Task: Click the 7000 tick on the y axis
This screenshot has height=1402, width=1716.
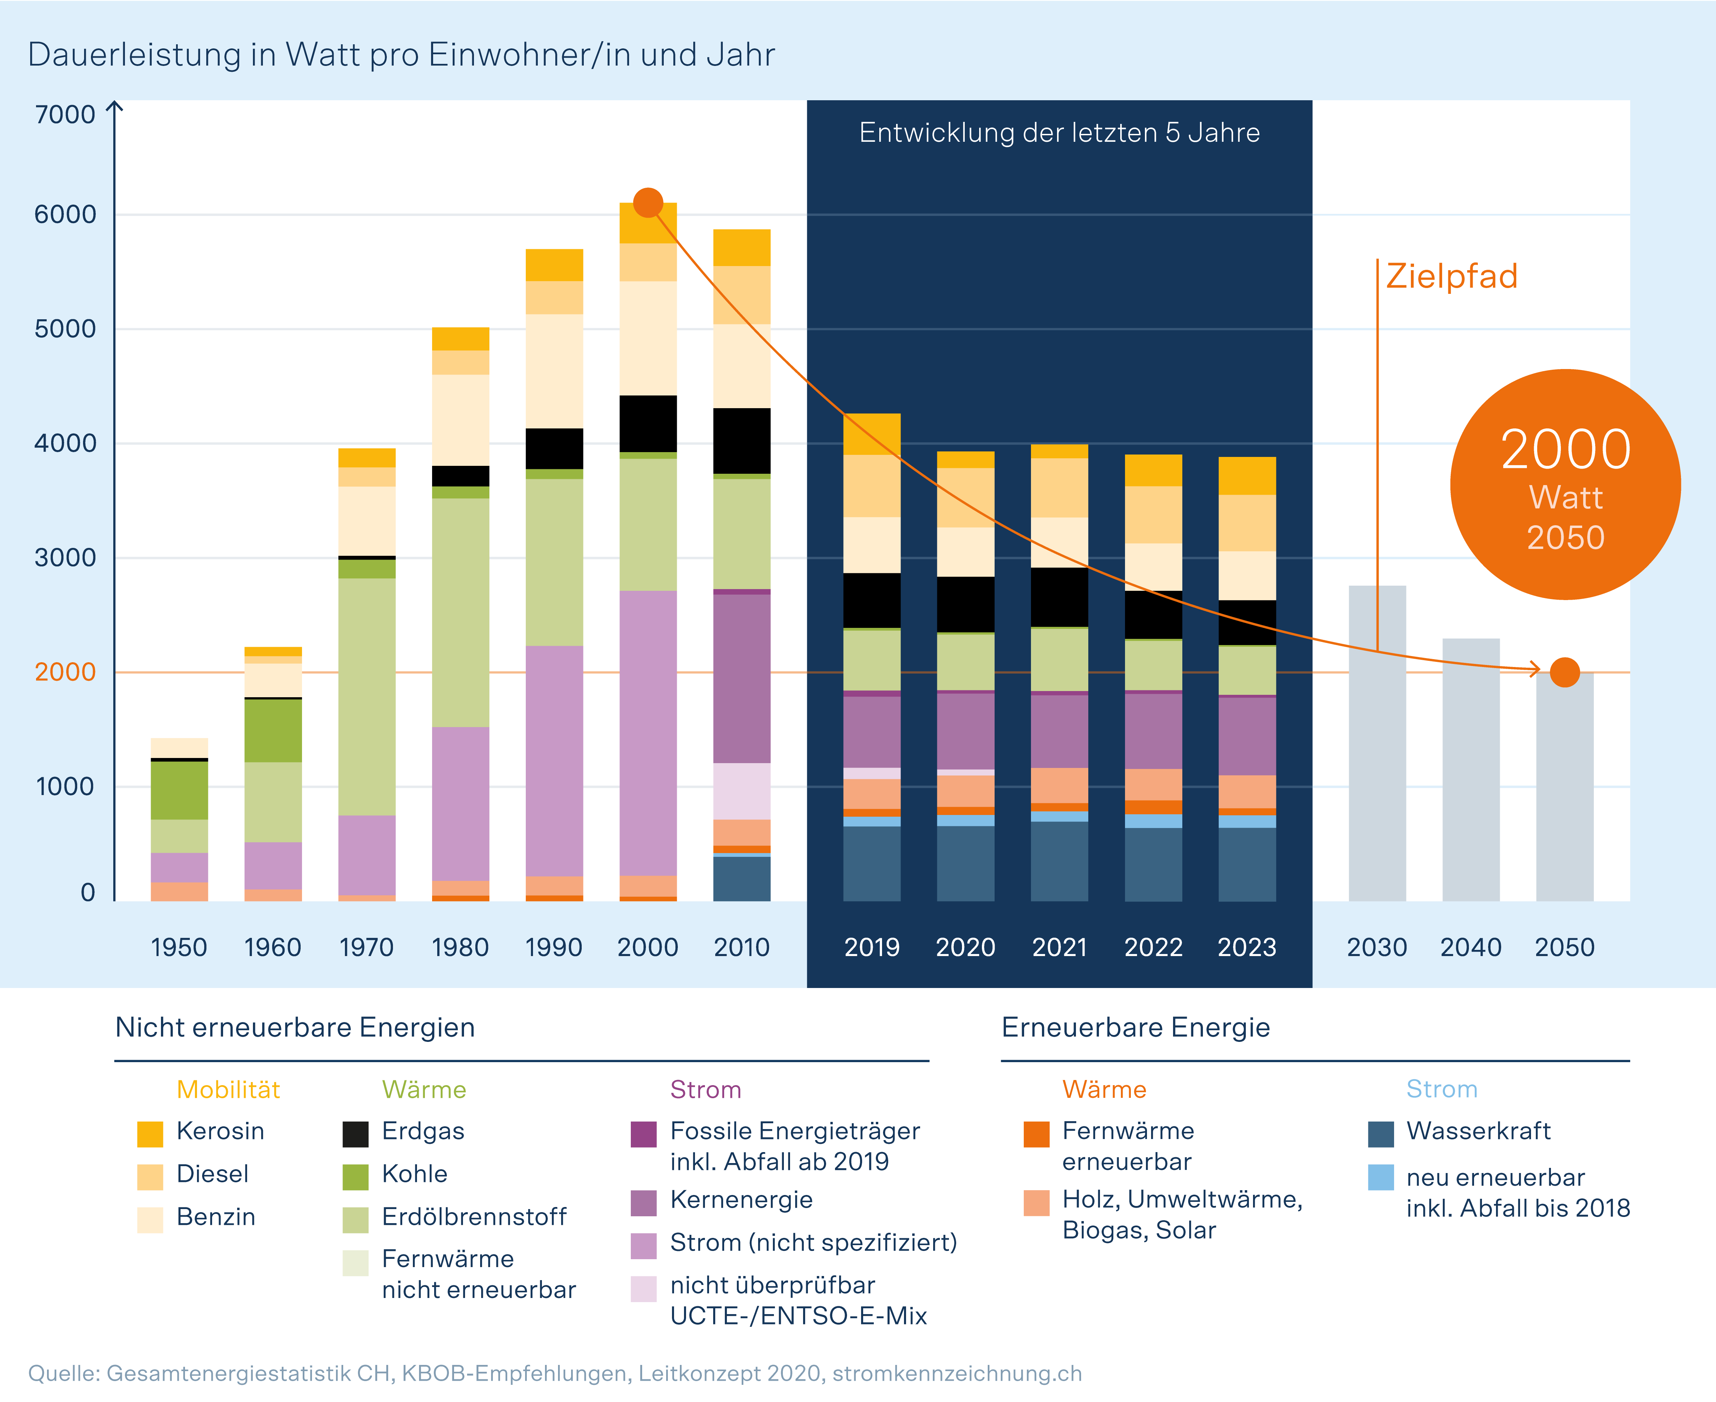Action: pyautogui.click(x=65, y=115)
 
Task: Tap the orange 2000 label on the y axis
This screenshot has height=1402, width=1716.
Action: pyautogui.click(x=65, y=672)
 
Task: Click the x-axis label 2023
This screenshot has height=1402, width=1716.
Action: pyautogui.click(x=1247, y=947)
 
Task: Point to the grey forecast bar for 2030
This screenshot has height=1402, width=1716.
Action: pyautogui.click(x=1377, y=743)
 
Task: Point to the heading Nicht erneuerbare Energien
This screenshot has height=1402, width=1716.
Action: pyautogui.click(x=295, y=1027)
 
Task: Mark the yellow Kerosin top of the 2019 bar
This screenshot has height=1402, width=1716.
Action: pyautogui.click(x=871, y=434)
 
